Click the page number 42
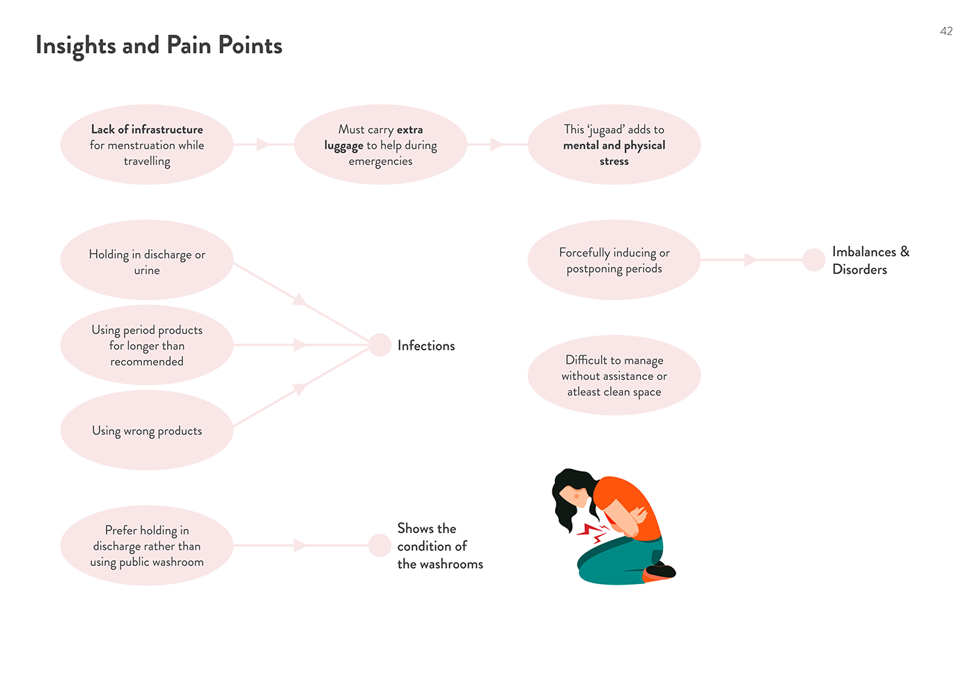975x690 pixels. point(946,31)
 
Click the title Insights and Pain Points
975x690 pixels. point(159,45)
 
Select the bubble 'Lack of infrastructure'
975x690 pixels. point(147,145)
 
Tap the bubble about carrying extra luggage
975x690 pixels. point(380,145)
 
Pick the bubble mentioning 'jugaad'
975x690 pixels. point(614,145)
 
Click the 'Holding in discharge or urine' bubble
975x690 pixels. point(147,261)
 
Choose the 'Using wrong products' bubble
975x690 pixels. point(147,431)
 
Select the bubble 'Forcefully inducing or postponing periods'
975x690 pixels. point(614,260)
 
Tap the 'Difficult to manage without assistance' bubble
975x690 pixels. point(614,376)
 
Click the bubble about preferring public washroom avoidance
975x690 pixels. point(147,546)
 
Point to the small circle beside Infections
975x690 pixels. point(380,345)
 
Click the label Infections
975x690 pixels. point(426,346)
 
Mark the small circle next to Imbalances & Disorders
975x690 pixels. point(813,260)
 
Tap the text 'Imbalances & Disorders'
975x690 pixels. point(870,261)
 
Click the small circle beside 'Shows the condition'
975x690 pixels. point(380,546)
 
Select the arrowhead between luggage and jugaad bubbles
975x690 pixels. point(497,144)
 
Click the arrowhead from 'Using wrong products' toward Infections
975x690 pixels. point(299,389)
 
